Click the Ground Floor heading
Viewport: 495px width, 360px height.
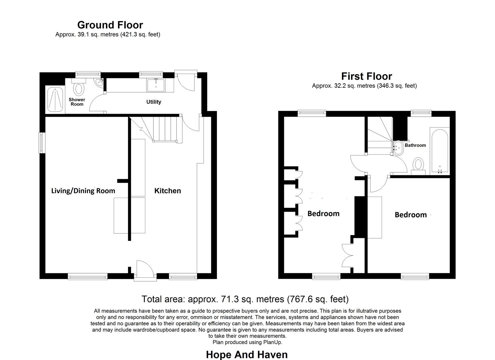pyautogui.click(x=110, y=25)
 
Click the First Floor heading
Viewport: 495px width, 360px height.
pyautogui.click(x=366, y=76)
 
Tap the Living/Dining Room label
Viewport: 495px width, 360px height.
pyautogui.click(x=83, y=191)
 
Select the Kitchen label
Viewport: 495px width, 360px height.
pyautogui.click(x=167, y=191)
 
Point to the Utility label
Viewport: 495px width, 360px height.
pyautogui.click(x=154, y=102)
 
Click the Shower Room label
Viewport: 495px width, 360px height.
pyautogui.click(x=77, y=102)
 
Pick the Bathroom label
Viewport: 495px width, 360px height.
pyautogui.click(x=415, y=145)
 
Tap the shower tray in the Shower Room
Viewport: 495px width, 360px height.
pyautogui.click(x=55, y=99)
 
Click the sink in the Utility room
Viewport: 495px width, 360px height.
pyautogui.click(x=156, y=84)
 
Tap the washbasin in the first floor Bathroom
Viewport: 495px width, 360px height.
pyautogui.click(x=398, y=147)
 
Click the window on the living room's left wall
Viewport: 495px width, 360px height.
pyautogui.click(x=42, y=143)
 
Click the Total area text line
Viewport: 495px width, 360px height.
pyautogui.click(x=245, y=299)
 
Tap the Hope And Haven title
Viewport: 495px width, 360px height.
pyautogui.click(x=247, y=354)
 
